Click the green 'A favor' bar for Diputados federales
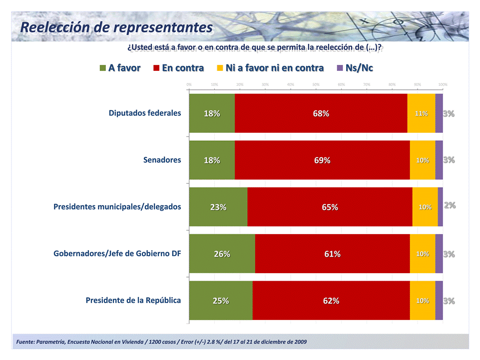[212, 113]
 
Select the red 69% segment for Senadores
[322, 160]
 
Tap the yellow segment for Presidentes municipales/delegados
[425, 207]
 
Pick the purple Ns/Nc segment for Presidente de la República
[439, 301]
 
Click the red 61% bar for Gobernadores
[332, 254]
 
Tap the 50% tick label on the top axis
[316, 84]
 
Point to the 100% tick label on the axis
[442, 84]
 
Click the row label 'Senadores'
[162, 160]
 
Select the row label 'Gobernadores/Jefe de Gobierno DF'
[117, 253]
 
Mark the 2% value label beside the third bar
[450, 205]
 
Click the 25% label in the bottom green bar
[221, 301]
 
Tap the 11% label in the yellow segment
[422, 113]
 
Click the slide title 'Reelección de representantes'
[116, 27]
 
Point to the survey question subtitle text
[255, 47]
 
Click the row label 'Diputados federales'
[145, 113]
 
